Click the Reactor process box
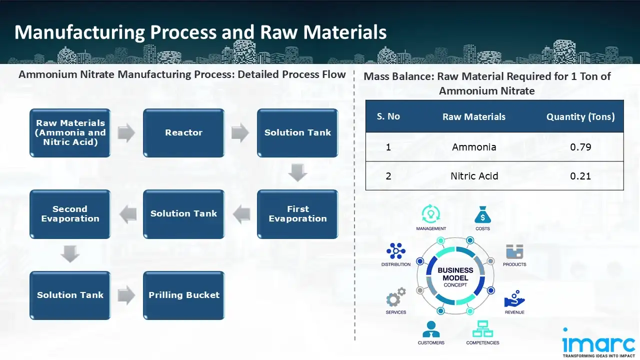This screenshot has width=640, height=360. [183, 133]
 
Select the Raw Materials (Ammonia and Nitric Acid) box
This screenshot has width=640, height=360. [70, 133]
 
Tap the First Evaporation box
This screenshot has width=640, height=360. [297, 214]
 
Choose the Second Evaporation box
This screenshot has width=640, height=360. [70, 214]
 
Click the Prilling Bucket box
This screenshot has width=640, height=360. [183, 295]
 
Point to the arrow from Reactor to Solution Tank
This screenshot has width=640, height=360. [240, 133]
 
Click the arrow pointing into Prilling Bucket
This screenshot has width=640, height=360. [126, 295]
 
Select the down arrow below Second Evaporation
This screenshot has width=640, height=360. [70, 255]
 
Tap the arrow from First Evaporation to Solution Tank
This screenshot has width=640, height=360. [240, 214]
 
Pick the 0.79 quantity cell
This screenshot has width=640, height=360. [580, 147]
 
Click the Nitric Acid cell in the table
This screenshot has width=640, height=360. [474, 176]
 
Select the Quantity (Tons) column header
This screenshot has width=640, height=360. [580, 117]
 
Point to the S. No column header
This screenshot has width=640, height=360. [388, 116]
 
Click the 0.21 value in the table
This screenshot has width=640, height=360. [580, 176]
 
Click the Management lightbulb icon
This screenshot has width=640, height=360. [430, 214]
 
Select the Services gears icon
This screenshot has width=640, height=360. [395, 297]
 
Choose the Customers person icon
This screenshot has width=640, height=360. [431, 329]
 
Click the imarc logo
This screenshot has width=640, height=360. [599, 343]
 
